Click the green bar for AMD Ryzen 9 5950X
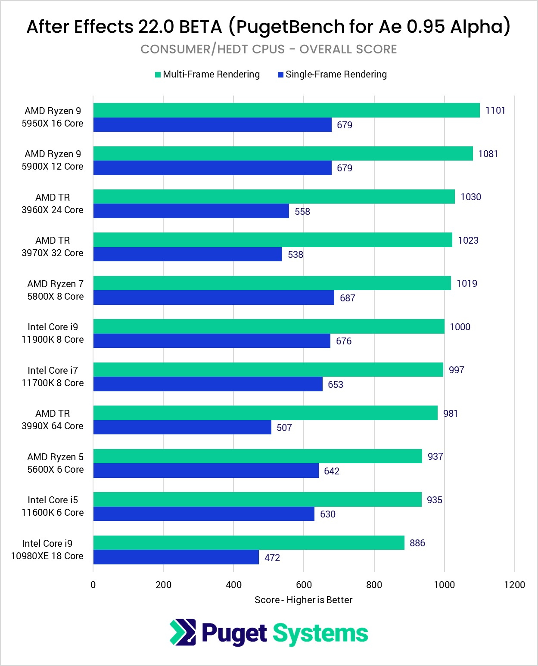coord(286,110)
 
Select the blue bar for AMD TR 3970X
coord(188,254)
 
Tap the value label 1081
coord(488,154)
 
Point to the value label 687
coord(347,298)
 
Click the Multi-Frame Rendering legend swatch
coord(158,75)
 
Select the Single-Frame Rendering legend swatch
coord(280,75)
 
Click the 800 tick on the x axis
coord(374,585)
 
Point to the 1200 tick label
coord(514,585)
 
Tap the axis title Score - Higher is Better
coord(303,600)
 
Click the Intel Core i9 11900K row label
coord(53,333)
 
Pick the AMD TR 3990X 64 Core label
coord(53,420)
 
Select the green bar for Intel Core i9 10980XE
coord(249,542)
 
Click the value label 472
coord(272,558)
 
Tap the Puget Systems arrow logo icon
coord(183,632)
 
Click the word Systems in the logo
coord(320,634)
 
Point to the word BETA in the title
coord(200,27)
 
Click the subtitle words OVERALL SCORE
coord(348,50)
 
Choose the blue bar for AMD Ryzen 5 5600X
coord(206,471)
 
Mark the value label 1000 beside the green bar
coord(460,327)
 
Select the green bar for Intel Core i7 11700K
coord(268,369)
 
